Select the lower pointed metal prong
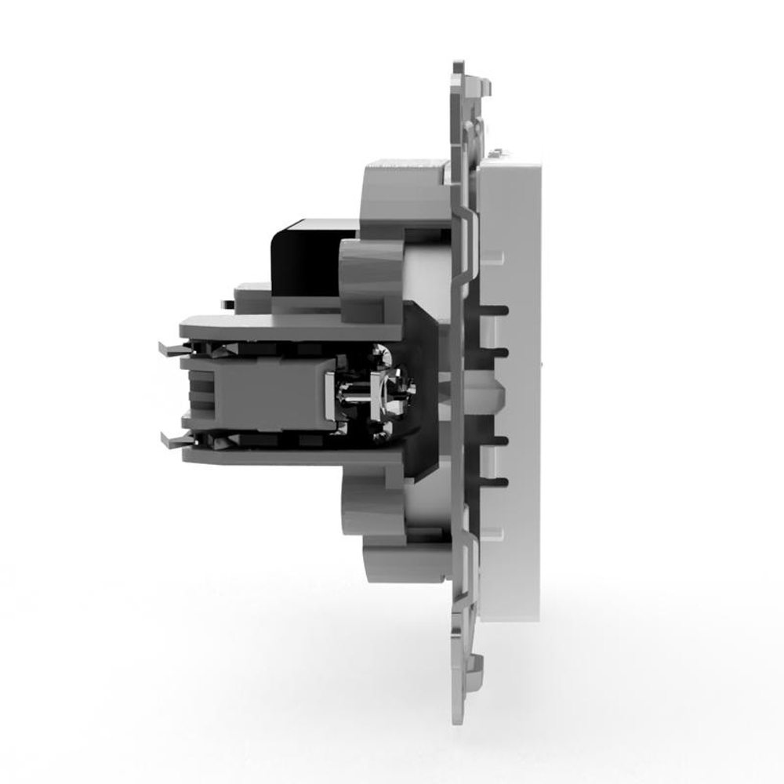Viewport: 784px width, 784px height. [168, 436]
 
